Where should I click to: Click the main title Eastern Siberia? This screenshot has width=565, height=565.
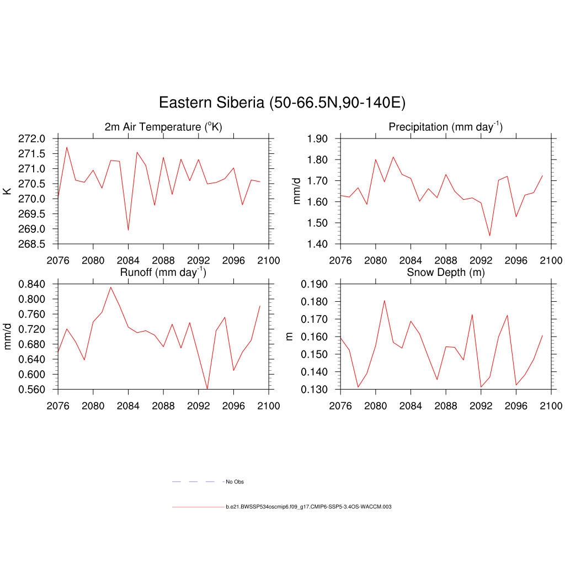click(x=282, y=103)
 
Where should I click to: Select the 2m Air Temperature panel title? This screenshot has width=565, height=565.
click(x=163, y=127)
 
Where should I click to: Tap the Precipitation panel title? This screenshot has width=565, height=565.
click(x=445, y=127)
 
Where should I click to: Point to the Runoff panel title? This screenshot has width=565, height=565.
click(x=163, y=272)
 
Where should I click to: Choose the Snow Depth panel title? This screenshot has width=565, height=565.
click(x=445, y=272)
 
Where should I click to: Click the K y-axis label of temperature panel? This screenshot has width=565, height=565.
click(x=8, y=191)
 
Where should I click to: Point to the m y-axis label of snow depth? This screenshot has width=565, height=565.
click(x=290, y=337)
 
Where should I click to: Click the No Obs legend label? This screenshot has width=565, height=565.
click(x=235, y=482)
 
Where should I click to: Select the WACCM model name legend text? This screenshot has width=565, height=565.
click(x=308, y=507)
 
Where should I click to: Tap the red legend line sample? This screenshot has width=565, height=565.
click(x=198, y=507)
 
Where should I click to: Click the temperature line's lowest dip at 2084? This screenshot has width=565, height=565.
click(x=128, y=230)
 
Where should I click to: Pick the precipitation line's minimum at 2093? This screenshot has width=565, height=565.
click(x=489, y=236)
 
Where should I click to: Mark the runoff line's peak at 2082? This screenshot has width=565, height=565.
click(x=110, y=287)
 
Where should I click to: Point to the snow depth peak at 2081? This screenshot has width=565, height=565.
click(x=384, y=301)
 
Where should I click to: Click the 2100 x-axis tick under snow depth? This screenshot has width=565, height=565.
click(x=551, y=406)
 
